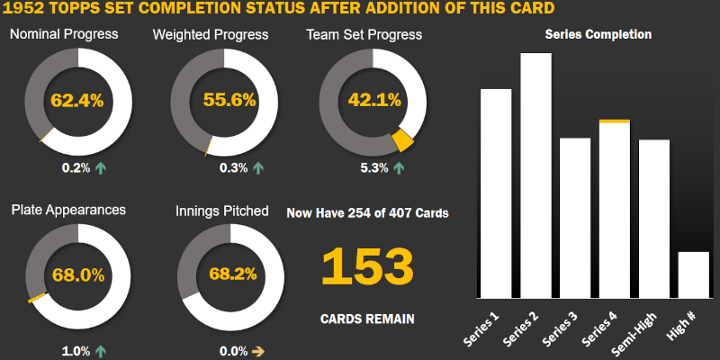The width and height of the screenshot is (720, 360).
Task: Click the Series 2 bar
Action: click(535, 175)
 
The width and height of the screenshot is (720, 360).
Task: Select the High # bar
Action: click(693, 275)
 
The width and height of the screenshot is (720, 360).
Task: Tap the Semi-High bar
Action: click(653, 219)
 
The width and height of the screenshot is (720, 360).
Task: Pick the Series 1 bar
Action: click(496, 193)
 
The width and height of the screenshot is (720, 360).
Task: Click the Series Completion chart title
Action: click(598, 34)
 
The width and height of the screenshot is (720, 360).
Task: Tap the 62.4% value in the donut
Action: click(77, 100)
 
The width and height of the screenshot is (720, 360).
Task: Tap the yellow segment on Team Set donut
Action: click(402, 139)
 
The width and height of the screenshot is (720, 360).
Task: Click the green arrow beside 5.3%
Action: click(398, 167)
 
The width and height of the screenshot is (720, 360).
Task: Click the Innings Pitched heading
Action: click(221, 211)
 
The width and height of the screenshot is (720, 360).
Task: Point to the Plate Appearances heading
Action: click(68, 210)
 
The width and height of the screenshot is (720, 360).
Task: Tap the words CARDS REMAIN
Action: click(367, 319)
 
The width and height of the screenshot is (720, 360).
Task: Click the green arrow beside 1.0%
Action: click(100, 351)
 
